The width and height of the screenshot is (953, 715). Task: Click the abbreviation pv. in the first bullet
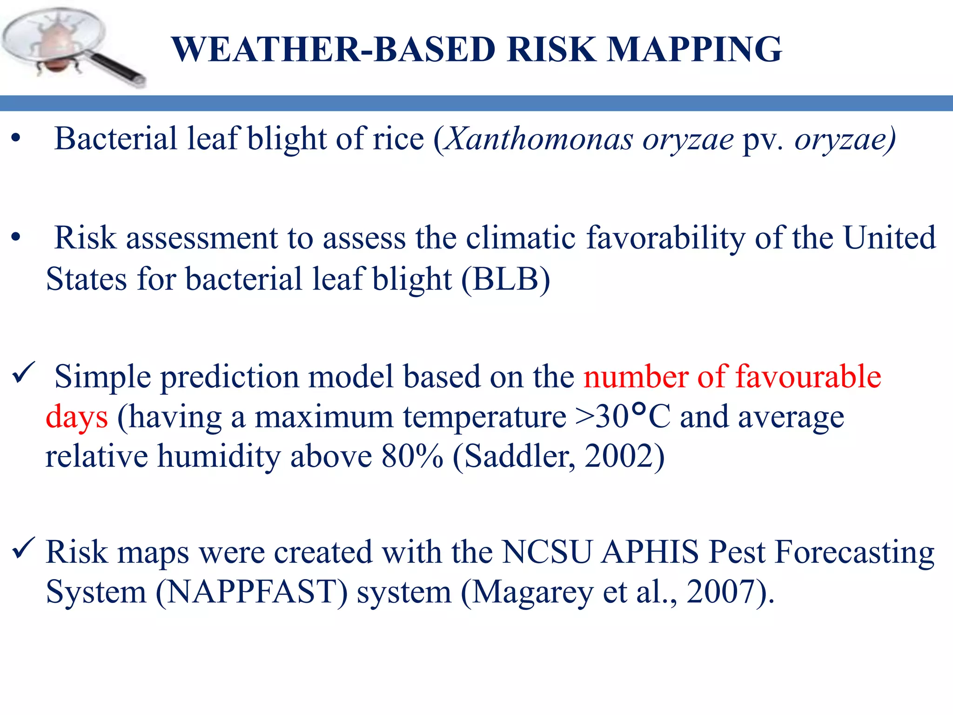tap(763, 140)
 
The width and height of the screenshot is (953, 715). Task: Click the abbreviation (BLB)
tap(506, 279)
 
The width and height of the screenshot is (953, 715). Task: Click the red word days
tap(77, 417)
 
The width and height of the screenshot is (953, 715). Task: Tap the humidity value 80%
tap(412, 456)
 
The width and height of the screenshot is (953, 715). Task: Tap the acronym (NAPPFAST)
tap(251, 592)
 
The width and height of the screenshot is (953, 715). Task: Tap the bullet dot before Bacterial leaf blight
tap(16, 139)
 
